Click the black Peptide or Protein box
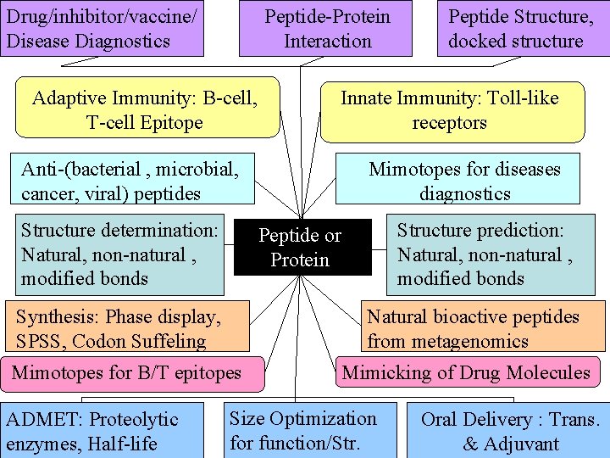[302, 248]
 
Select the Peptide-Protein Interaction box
[327, 29]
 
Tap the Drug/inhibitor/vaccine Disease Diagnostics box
[102, 29]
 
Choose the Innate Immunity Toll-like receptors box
[452, 110]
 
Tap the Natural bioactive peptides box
[483, 328]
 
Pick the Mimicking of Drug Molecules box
[467, 372]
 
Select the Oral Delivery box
[509, 431]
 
